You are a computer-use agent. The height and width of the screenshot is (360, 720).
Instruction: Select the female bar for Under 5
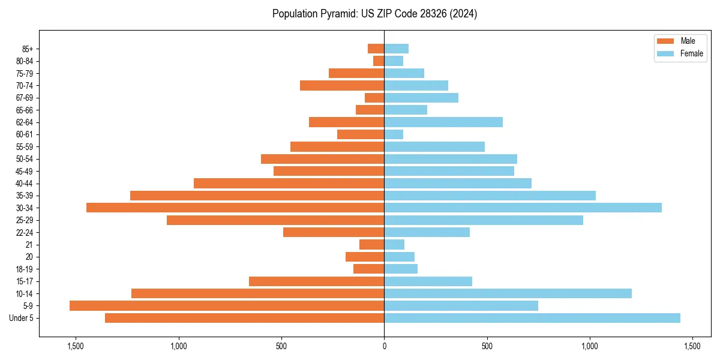(x=532, y=318)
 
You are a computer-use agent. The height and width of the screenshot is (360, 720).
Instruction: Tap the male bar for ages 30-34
(x=235, y=208)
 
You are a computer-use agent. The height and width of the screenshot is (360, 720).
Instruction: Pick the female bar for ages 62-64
(x=443, y=122)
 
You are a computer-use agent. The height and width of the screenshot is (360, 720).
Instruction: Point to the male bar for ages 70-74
(x=342, y=85)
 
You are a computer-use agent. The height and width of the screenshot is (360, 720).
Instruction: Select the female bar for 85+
(x=396, y=49)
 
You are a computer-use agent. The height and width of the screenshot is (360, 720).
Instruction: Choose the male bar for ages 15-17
(x=316, y=281)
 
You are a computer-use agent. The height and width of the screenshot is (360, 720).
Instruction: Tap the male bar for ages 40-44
(x=289, y=183)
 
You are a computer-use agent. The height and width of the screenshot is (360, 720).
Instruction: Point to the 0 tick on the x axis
(x=384, y=346)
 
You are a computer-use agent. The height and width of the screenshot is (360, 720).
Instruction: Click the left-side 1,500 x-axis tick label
(x=76, y=346)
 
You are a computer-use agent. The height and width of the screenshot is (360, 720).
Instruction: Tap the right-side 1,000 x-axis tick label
(x=590, y=346)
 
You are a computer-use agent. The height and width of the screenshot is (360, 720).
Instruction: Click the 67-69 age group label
(x=25, y=98)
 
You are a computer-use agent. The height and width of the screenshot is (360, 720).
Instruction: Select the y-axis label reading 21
(x=29, y=245)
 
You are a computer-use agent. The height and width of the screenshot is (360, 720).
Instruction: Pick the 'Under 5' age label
(x=21, y=318)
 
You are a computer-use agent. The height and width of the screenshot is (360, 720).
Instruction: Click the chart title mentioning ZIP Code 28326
(x=374, y=14)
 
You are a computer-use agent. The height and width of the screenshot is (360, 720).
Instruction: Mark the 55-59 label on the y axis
(x=25, y=146)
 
